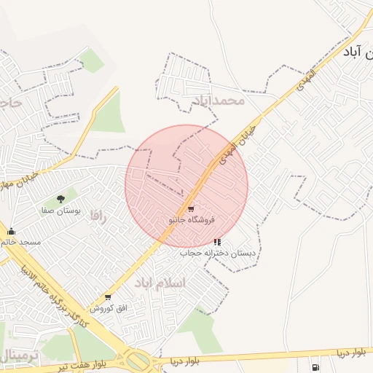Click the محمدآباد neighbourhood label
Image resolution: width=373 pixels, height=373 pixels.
pos(218,100)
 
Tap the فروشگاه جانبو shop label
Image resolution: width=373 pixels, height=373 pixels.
pos(191,219)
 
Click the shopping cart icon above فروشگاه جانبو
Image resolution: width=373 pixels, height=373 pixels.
pos(191,209)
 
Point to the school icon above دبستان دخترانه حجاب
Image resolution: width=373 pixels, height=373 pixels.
pos(216,242)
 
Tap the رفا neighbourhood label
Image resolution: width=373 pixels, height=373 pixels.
pos(98,216)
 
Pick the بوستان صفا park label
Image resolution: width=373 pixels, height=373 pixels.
pos(60,210)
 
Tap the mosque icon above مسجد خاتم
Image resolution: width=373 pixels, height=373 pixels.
pos(11,232)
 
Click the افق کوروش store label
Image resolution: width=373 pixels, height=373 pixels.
pos(109,308)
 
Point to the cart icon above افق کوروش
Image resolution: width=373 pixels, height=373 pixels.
pos(109,297)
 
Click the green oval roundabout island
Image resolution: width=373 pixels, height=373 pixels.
pos(136,361)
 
